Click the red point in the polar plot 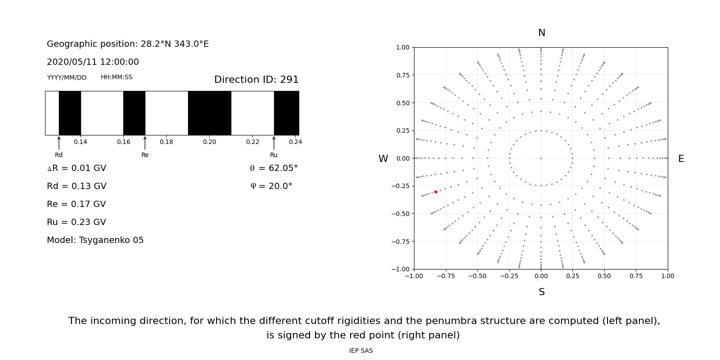tap(436, 192)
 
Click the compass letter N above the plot tap(541, 33)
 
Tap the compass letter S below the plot tap(541, 292)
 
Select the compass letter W tap(383, 159)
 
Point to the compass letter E tap(681, 159)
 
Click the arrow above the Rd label tap(59, 143)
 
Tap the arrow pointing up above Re tap(145, 143)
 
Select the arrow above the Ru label tap(274, 143)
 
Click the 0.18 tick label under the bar tap(166, 142)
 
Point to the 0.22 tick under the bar tap(252, 142)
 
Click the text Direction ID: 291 tap(256, 80)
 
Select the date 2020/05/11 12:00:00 tap(93, 62)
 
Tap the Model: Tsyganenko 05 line tap(95, 240)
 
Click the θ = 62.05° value tap(274, 168)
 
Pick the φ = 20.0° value tap(271, 186)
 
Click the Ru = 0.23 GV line tap(76, 222)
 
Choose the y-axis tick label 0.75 tap(402, 75)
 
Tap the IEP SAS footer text tap(361, 351)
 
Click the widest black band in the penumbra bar tap(209, 113)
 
